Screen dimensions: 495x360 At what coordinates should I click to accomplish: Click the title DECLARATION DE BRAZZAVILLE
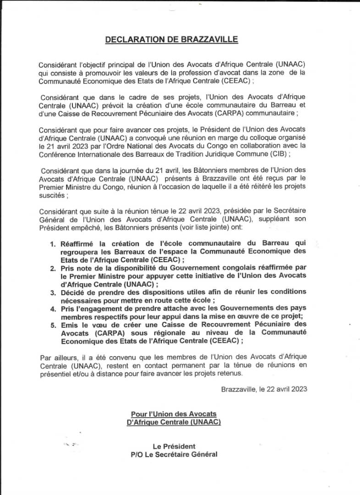[x=172, y=39]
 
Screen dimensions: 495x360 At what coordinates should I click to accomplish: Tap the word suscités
[x=53, y=196]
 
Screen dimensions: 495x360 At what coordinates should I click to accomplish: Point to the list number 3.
[x=53, y=292]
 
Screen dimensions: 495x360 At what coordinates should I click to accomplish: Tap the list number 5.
[x=53, y=324]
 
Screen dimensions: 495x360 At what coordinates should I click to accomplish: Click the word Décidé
[x=73, y=292]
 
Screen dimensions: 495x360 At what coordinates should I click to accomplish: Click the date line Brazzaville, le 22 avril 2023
[x=264, y=389]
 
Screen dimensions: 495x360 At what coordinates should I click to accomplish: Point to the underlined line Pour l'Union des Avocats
[x=173, y=414]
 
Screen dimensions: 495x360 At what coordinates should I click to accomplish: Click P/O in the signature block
[x=138, y=454]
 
